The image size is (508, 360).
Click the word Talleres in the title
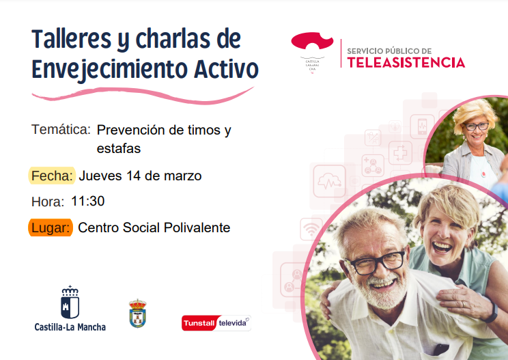click(72, 39)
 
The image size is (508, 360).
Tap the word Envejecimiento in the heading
click(109, 70)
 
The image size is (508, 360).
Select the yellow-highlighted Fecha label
click(52, 176)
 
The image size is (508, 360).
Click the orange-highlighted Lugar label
click(51, 227)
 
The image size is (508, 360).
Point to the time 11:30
click(87, 201)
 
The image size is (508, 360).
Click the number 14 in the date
click(133, 176)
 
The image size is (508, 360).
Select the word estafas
click(119, 148)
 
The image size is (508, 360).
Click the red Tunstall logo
click(199, 323)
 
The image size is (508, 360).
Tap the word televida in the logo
click(232, 322)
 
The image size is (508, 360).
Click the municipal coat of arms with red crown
click(138, 314)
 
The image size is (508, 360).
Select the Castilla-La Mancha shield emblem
click(70, 303)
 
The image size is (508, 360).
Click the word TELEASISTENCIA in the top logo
click(406, 63)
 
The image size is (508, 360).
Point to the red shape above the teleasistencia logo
click(311, 40)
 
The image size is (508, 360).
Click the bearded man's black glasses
click(376, 262)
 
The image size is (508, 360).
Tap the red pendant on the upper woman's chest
click(483, 174)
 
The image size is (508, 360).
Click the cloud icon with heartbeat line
click(329, 182)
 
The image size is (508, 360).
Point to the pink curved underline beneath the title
click(143, 96)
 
